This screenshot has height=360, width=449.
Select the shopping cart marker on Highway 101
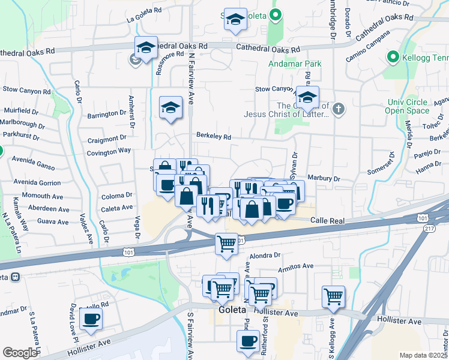tap(226, 244)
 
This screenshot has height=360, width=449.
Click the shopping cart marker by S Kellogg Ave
tap(333, 296)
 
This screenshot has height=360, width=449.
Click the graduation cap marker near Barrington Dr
tap(170, 107)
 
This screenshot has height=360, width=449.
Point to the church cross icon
tap(339, 109)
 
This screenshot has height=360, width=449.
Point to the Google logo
tap(19, 353)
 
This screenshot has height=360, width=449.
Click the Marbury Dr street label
tap(324, 178)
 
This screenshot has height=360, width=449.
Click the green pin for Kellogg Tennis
tap(394, 58)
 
